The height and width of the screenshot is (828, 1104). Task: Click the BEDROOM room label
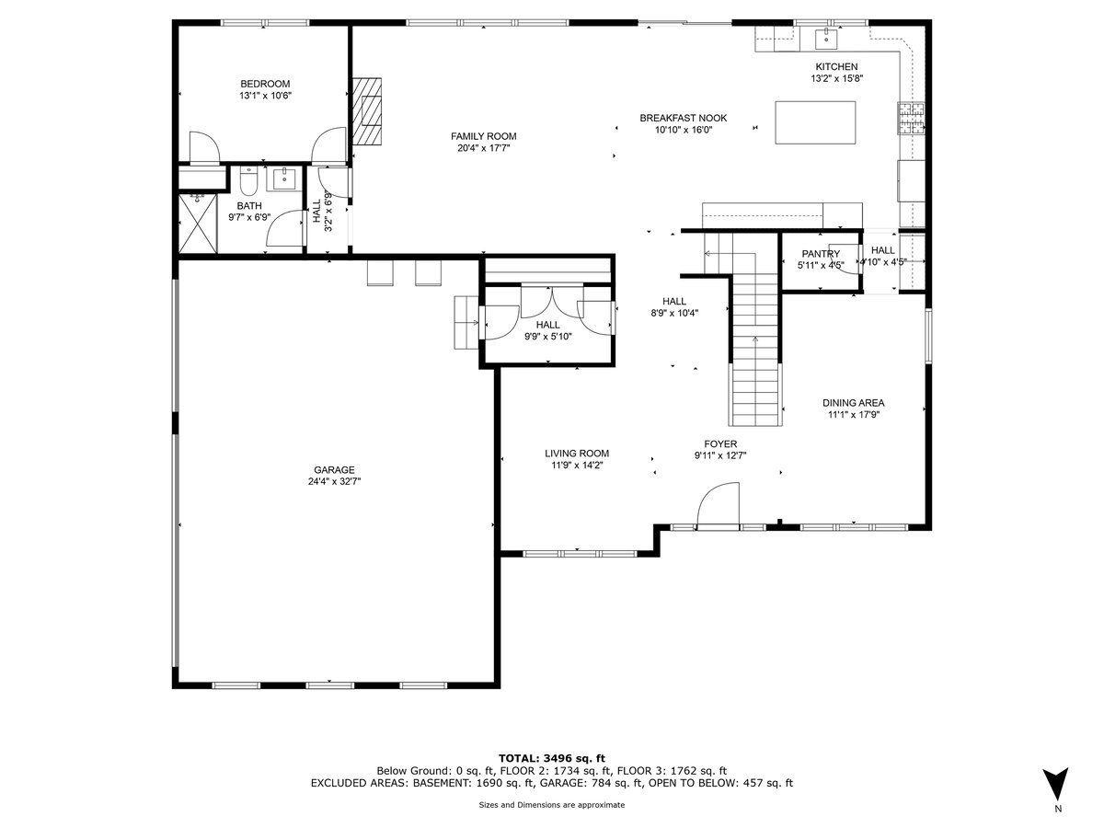point(265,84)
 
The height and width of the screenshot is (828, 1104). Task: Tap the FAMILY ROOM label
point(483,136)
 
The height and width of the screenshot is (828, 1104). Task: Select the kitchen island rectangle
point(815,122)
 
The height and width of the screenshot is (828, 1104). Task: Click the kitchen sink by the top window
point(826,39)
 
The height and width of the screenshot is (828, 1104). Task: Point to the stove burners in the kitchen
point(911,118)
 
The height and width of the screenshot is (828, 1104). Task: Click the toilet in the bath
point(248,181)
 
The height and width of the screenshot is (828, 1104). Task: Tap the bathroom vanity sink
point(284,179)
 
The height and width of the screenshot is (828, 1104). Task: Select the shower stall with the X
point(198,224)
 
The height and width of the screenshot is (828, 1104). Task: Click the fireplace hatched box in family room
point(367,110)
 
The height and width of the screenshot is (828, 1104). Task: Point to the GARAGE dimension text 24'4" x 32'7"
point(335,481)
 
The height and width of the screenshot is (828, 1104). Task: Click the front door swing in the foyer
point(719,503)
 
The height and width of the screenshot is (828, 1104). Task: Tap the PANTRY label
point(821,254)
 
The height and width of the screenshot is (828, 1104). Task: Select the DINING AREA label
point(853,403)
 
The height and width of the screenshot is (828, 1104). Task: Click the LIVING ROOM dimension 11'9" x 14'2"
point(577,466)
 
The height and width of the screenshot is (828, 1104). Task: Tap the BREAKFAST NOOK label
point(683,118)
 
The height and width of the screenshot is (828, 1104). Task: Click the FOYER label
point(720,444)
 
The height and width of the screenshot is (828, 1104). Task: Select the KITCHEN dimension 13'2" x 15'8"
point(837,78)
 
